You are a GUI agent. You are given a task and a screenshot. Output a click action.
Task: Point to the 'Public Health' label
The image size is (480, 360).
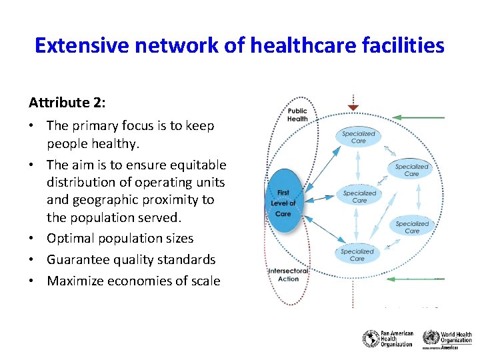[297, 115]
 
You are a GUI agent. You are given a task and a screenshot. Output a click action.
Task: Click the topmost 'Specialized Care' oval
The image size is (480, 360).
[359, 137]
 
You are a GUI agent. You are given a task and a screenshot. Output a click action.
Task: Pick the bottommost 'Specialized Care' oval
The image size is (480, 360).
[357, 255]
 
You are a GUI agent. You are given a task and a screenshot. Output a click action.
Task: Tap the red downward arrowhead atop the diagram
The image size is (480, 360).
[353, 107]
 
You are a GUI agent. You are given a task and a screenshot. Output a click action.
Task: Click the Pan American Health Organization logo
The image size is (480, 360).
[388, 339]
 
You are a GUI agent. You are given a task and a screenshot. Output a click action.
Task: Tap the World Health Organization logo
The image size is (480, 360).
[447, 339]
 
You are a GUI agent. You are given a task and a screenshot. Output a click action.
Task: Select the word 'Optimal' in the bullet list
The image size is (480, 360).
[70, 238]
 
